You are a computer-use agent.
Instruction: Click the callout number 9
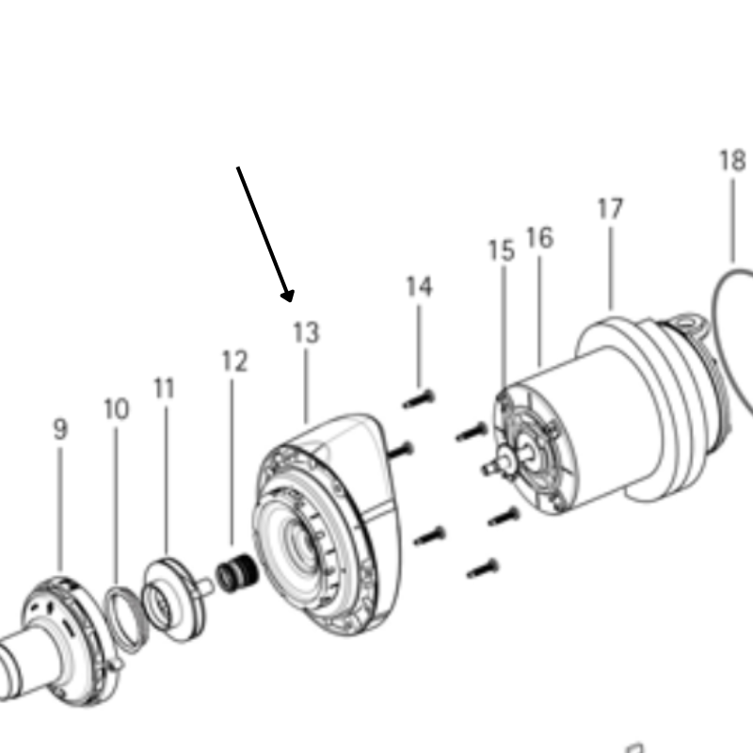(x=60, y=430)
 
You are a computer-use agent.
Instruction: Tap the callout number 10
(x=116, y=410)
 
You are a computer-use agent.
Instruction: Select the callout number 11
(x=165, y=389)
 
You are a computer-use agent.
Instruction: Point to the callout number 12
(x=234, y=361)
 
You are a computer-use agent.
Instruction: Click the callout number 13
(x=306, y=333)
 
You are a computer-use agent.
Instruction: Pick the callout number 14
(x=419, y=287)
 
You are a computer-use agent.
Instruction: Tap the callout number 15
(x=501, y=251)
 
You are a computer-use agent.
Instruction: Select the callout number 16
(x=539, y=238)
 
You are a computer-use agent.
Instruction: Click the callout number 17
(x=610, y=209)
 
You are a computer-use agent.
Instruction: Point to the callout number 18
(x=732, y=161)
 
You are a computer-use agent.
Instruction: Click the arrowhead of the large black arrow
(x=289, y=296)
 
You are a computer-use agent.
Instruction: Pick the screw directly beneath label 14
(x=418, y=399)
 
